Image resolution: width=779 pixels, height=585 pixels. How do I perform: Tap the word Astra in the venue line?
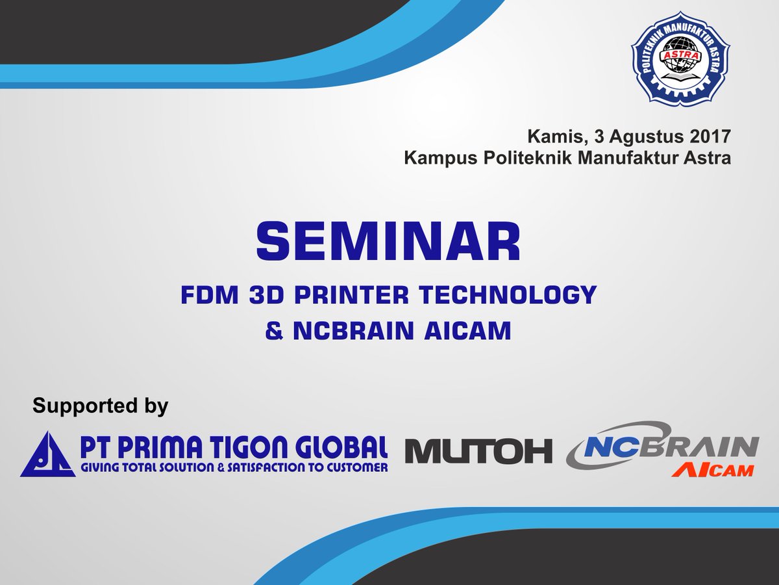point(708,158)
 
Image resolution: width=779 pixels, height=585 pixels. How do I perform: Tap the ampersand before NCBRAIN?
point(275,331)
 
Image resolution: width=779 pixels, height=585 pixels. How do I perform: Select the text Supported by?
point(101,406)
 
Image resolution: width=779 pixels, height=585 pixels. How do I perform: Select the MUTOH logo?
point(478,450)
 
